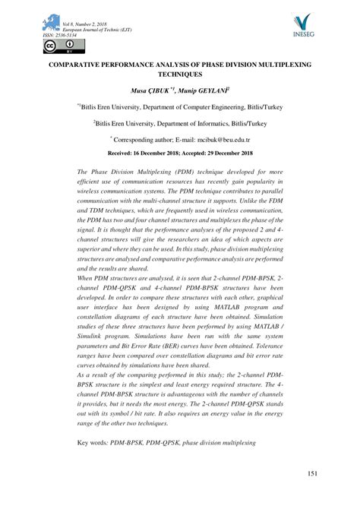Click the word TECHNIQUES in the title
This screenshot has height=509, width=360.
pos(179,77)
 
